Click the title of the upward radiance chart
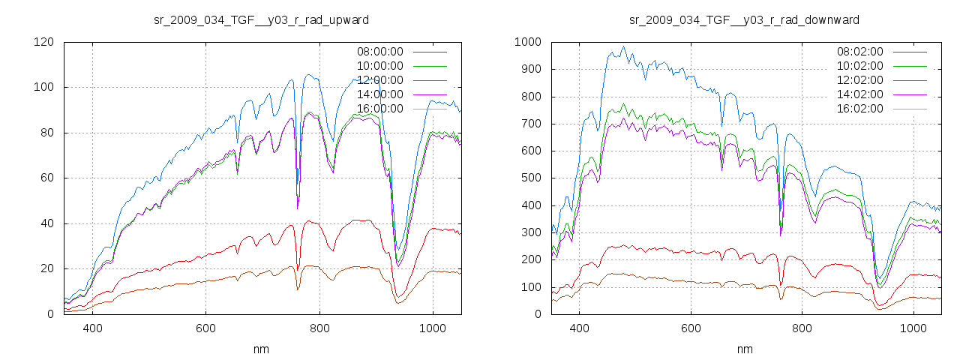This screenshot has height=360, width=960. (x=261, y=19)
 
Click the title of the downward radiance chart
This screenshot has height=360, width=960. (x=744, y=19)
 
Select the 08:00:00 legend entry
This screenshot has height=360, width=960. (x=379, y=52)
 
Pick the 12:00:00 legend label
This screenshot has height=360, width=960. (x=379, y=80)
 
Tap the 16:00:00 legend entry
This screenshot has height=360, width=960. (x=379, y=109)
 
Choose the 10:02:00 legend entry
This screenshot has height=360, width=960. (x=859, y=66)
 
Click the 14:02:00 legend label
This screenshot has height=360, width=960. (x=859, y=94)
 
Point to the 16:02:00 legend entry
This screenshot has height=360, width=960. (x=859, y=109)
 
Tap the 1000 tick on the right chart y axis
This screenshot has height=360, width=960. (x=527, y=42)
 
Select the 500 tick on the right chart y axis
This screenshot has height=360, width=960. (x=530, y=178)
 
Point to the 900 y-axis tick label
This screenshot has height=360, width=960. (x=530, y=69)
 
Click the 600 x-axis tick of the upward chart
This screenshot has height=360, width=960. (x=205, y=328)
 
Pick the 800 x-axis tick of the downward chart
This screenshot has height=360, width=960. (x=802, y=328)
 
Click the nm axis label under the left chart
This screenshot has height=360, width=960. (x=261, y=349)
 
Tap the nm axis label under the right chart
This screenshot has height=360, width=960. (x=744, y=349)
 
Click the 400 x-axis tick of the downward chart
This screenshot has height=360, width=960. (x=579, y=328)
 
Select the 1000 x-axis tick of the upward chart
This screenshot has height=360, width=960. (x=433, y=328)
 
